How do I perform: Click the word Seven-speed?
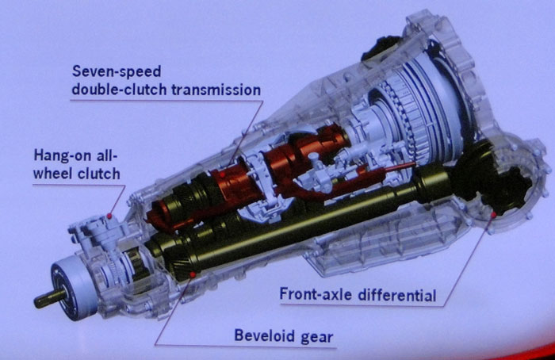click(117, 71)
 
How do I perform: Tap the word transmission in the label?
click(216, 90)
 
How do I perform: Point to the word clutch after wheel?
click(99, 174)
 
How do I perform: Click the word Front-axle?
click(316, 294)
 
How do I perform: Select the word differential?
click(396, 295)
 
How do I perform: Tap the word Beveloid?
click(265, 335)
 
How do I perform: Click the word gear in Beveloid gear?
click(317, 337)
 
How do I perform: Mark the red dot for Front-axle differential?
click(493, 215)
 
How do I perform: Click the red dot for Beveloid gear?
click(193, 274)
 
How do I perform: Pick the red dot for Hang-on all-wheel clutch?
click(109, 216)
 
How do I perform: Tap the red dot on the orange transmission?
click(222, 174)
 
